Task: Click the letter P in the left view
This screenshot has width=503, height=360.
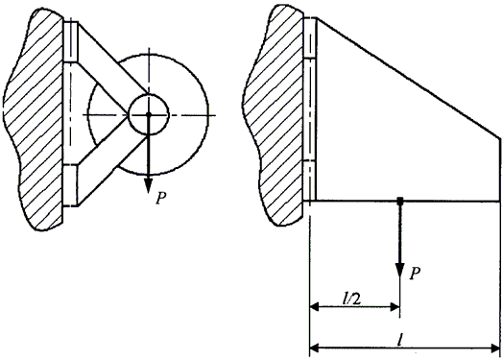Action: pyautogui.click(x=161, y=199)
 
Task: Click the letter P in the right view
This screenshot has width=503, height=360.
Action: pyautogui.click(x=415, y=274)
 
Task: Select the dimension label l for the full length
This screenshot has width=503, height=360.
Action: pyautogui.click(x=399, y=341)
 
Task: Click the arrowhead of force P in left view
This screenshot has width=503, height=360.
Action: pyautogui.click(x=148, y=185)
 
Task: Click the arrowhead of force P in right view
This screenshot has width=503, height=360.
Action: pyautogui.click(x=399, y=271)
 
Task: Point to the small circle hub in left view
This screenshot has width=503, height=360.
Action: pyautogui.click(x=148, y=114)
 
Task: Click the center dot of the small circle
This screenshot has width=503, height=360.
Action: pyautogui.click(x=148, y=114)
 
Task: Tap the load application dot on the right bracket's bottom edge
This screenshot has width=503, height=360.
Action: pyautogui.click(x=399, y=202)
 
